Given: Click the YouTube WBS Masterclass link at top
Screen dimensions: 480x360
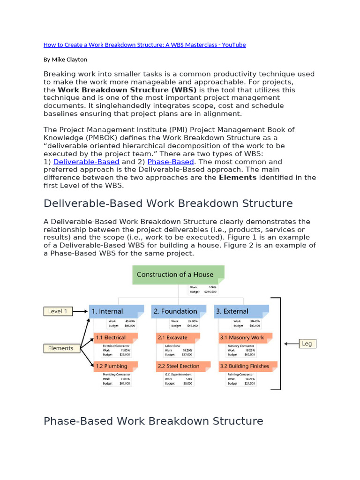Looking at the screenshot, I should [x=144, y=45].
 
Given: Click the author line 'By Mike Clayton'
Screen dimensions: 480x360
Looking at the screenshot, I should [x=65, y=60].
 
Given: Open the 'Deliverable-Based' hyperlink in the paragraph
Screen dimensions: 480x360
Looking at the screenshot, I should [x=86, y=162].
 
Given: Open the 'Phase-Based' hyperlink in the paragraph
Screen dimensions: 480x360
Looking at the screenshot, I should [x=170, y=162].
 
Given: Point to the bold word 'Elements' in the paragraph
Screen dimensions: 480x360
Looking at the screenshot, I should [x=238, y=178].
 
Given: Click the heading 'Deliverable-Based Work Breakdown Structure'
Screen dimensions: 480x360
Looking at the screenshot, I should [x=168, y=203].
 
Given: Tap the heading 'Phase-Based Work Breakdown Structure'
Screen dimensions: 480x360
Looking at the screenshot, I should [x=153, y=421].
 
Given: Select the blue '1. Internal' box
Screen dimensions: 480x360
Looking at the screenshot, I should [x=116, y=311].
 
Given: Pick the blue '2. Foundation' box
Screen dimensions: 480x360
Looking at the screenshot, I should [x=178, y=311].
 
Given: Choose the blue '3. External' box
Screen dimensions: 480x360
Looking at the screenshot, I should [x=241, y=311].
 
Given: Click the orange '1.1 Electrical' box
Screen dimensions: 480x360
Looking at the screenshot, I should [x=115, y=337].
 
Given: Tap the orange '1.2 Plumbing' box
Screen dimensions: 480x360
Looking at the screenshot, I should [x=115, y=366].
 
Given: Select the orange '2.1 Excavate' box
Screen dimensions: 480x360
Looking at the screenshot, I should [x=178, y=337].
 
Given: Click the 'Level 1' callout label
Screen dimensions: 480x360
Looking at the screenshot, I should [x=59, y=311].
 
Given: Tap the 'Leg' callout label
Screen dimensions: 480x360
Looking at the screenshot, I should [x=307, y=344].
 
